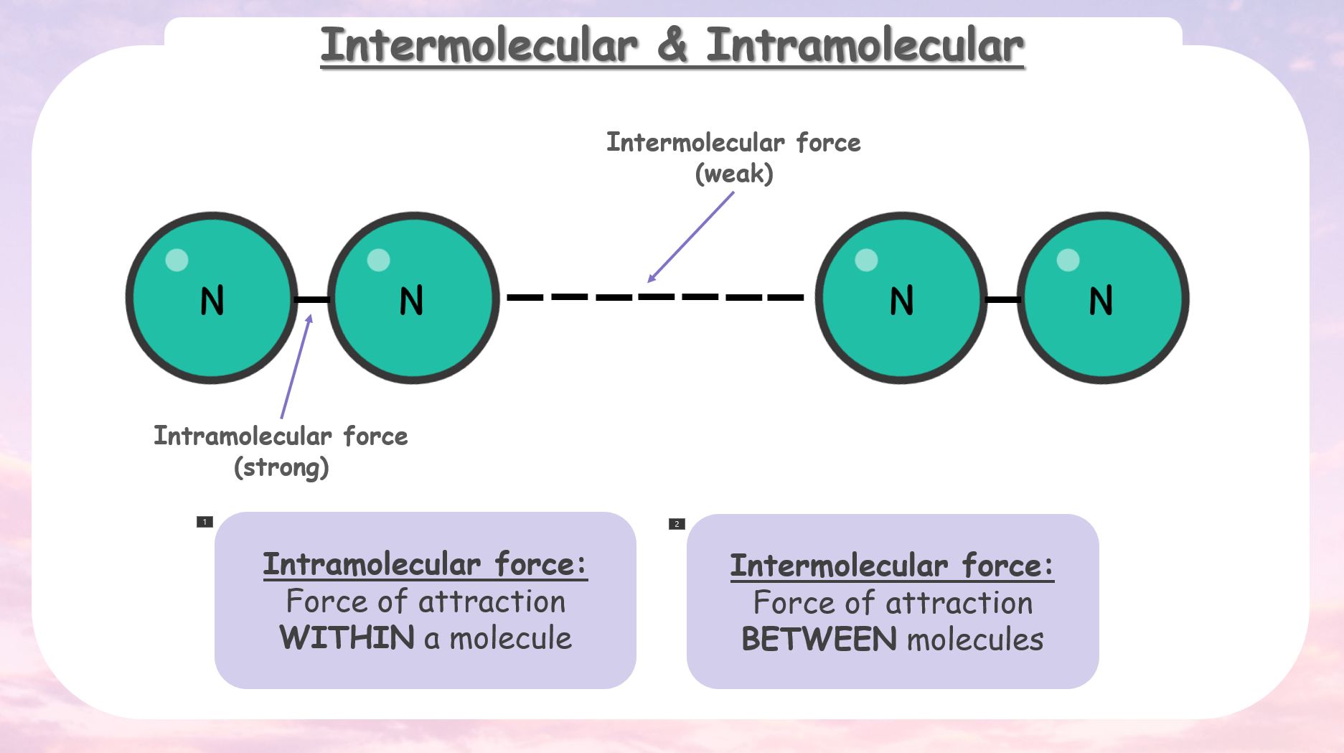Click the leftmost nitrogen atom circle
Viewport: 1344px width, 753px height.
pyautogui.click(x=212, y=298)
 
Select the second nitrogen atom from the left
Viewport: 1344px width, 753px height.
pyautogui.click(x=413, y=298)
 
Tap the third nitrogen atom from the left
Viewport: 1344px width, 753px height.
pyautogui.click(x=901, y=298)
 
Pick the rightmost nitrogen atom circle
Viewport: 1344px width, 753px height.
pyautogui.click(x=1103, y=298)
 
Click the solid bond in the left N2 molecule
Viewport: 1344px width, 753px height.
pyautogui.click(x=313, y=299)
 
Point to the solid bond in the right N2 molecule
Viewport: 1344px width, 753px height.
pyautogui.click(x=1002, y=299)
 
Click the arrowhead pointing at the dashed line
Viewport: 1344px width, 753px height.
pyautogui.click(x=652, y=278)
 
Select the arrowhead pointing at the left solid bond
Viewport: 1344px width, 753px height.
pyautogui.click(x=310, y=319)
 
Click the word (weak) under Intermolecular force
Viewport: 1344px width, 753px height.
pyautogui.click(x=734, y=174)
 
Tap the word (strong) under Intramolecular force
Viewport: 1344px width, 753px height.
pyautogui.click(x=281, y=467)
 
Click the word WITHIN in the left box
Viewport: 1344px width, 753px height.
pyautogui.click(x=347, y=637)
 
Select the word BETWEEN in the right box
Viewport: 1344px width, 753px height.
pyautogui.click(x=819, y=639)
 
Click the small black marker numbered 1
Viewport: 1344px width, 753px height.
pyautogui.click(x=205, y=522)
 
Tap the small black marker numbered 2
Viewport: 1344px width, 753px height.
pyautogui.click(x=677, y=524)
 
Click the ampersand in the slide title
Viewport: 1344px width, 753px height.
pyautogui.click(x=672, y=45)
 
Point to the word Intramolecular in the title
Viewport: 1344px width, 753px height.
pyautogui.click(x=865, y=45)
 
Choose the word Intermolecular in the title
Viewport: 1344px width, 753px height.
pyautogui.click(x=479, y=45)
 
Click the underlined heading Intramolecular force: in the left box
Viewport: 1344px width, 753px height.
pyautogui.click(x=426, y=564)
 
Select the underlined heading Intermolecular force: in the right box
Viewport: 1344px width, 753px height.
pyautogui.click(x=893, y=566)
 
